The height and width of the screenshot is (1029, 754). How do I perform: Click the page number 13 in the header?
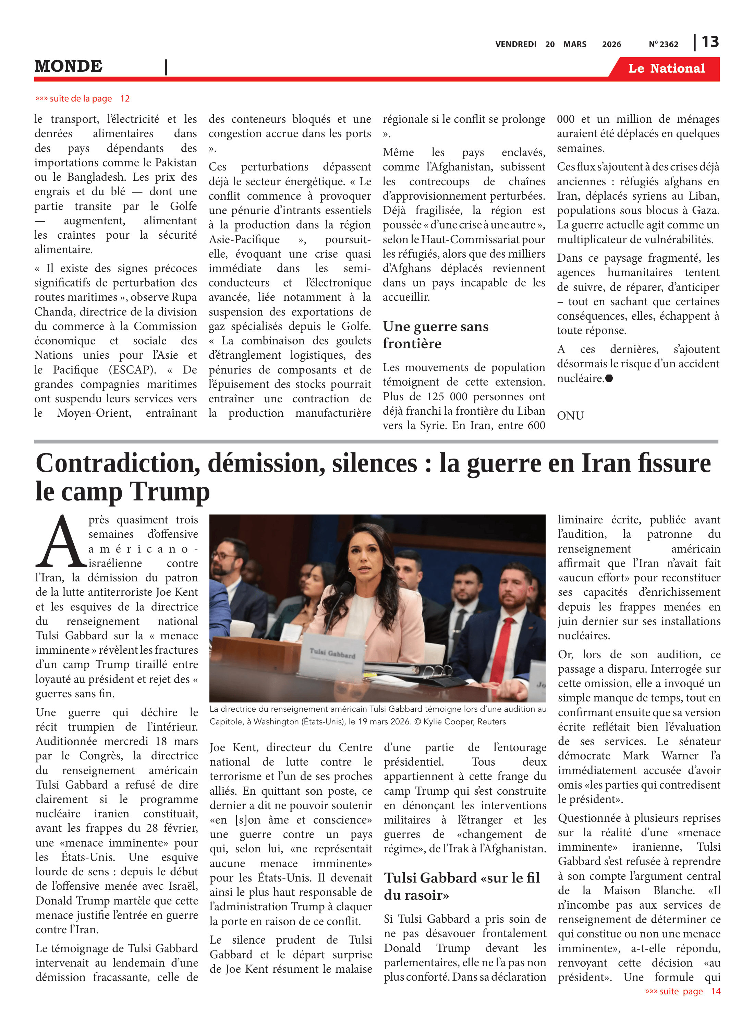click(x=710, y=42)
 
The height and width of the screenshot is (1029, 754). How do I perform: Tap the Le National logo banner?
click(x=666, y=69)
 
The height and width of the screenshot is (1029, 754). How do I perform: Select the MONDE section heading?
click(x=69, y=66)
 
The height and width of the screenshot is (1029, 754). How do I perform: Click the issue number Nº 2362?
click(x=663, y=44)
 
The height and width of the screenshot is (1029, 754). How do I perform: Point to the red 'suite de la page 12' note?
click(x=83, y=99)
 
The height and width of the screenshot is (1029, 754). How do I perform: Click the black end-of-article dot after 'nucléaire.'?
click(x=609, y=378)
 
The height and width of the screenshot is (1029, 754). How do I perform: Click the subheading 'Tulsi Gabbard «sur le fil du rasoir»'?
click(x=461, y=886)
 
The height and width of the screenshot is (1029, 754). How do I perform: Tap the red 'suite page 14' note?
click(x=682, y=991)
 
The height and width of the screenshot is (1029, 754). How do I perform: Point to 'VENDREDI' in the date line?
click(x=516, y=44)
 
